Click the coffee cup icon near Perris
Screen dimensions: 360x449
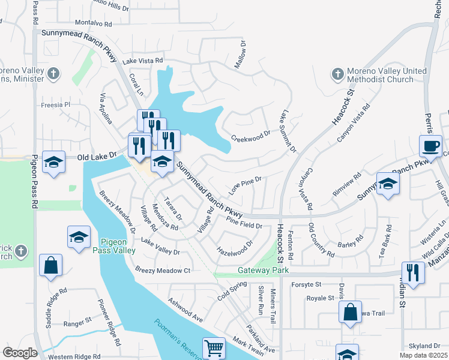[432, 146]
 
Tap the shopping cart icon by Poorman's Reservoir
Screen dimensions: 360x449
[214, 347]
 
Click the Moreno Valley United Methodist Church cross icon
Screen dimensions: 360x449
[337, 75]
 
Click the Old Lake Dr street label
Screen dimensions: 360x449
[97, 156]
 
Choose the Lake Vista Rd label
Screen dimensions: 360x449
[143, 61]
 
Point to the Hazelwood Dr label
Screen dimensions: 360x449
[235, 247]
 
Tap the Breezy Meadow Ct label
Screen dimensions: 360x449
[163, 271]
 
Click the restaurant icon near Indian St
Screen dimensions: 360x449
[413, 271]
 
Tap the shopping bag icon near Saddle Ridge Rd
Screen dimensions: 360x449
[50, 265]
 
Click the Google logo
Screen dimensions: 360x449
[20, 352]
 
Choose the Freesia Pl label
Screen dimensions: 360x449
[56, 104]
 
